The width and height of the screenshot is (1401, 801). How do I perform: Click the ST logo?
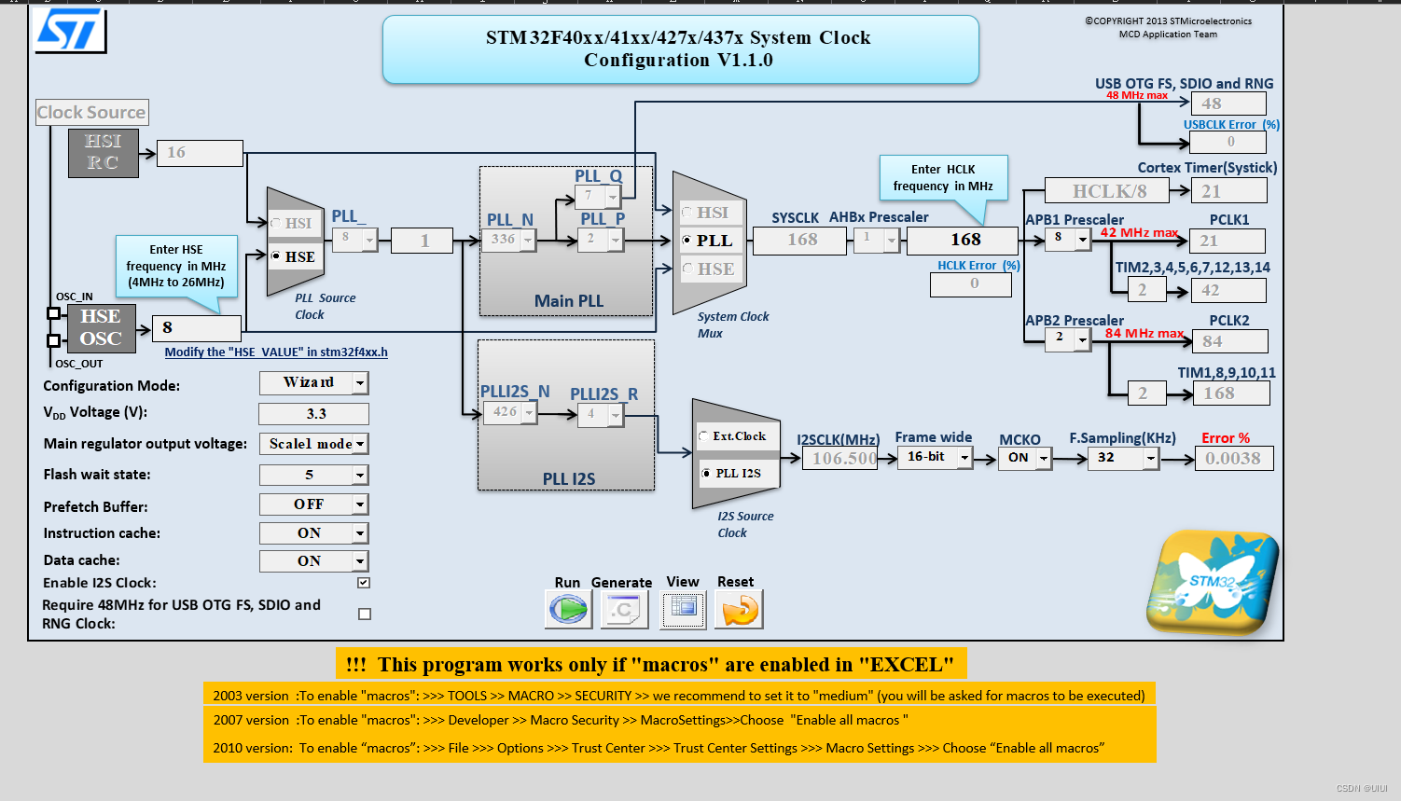click(70, 31)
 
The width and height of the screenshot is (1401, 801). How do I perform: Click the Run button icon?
click(568, 610)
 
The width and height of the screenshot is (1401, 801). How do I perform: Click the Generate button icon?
click(621, 610)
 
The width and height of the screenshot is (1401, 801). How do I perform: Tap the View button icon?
click(683, 609)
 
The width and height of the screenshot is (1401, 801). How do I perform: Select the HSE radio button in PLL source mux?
click(276, 255)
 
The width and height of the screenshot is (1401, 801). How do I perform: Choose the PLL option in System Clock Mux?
click(687, 241)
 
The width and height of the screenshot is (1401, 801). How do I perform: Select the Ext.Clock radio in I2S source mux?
click(703, 436)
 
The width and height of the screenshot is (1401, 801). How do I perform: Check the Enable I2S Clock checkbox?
click(364, 583)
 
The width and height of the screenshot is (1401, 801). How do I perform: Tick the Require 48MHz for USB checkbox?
click(365, 614)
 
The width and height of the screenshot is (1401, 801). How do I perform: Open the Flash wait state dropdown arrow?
click(360, 476)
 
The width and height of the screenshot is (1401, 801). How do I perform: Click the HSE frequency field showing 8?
click(196, 328)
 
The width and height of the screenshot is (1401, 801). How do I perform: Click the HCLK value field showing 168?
click(964, 240)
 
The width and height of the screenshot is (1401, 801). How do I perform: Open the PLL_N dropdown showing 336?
click(528, 241)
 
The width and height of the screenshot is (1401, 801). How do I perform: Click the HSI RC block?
click(103, 153)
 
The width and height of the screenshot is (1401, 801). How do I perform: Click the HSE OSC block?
click(100, 328)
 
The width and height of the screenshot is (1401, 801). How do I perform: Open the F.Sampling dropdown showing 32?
click(1151, 458)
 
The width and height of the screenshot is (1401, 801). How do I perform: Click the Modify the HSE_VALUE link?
click(276, 352)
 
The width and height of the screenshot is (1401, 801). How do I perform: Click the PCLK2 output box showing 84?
click(1229, 341)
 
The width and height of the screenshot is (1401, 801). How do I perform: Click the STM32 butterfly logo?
click(1212, 582)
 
